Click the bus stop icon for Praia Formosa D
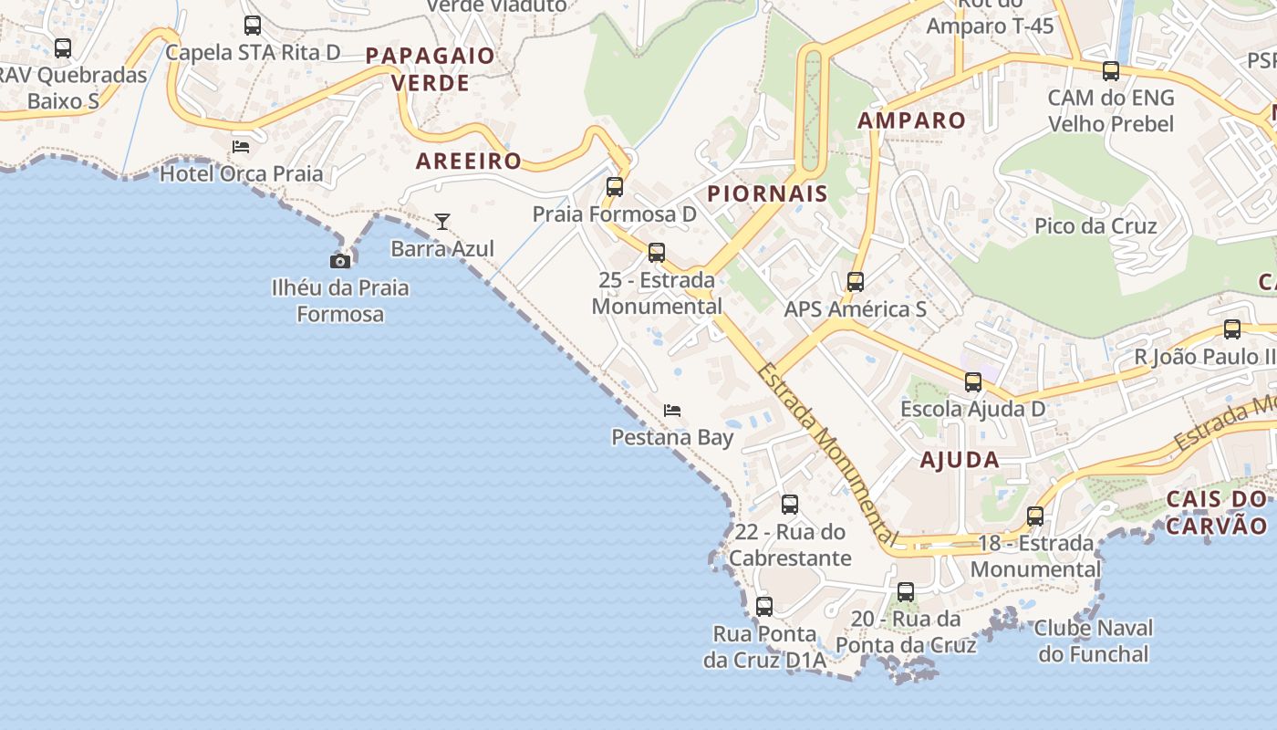[615, 187]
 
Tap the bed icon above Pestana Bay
[672, 411]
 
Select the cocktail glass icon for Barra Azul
[442, 221]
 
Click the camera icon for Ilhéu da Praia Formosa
[340, 261]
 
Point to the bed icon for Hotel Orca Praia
[241, 146]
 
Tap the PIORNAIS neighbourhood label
[767, 193]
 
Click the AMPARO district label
[911, 120]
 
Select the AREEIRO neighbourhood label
[469, 162]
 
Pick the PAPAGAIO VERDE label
[431, 69]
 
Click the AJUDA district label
[960, 460]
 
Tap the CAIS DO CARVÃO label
[1217, 513]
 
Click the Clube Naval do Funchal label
[1094, 641]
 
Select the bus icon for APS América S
[855, 282]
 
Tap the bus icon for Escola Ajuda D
[973, 382]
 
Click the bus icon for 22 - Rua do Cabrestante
[790, 505]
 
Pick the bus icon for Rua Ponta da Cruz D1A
[764, 606]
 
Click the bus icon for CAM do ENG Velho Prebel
[1110, 71]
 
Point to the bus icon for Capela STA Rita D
[253, 26]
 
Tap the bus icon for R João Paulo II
[1232, 329]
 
